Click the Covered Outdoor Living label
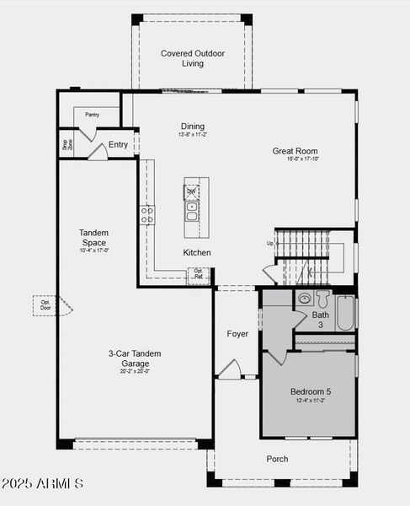[x=193, y=58]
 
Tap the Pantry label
[x=92, y=114]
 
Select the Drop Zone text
[x=66, y=144]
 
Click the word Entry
[x=119, y=144]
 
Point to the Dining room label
[x=192, y=126]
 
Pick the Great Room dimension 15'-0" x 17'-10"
[x=302, y=159]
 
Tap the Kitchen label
[x=197, y=252]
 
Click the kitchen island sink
[x=192, y=216]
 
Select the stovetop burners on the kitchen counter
[x=148, y=214]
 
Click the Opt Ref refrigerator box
[x=199, y=273]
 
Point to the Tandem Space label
[x=93, y=237]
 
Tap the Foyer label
[x=237, y=334]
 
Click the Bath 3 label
[x=321, y=320]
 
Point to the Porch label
[x=277, y=459]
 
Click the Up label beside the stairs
[x=270, y=244]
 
